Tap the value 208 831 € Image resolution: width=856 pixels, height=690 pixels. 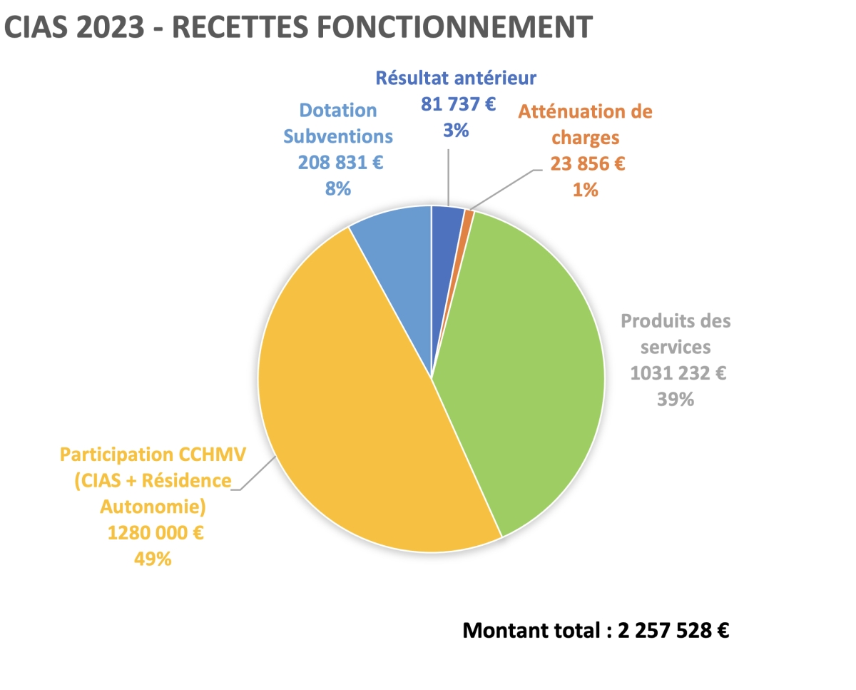point(340,162)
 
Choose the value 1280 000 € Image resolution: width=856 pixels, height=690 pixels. point(155,532)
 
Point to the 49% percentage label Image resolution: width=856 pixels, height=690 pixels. point(153,559)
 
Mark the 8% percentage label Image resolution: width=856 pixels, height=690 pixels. point(338,188)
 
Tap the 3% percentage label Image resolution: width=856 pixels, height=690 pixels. point(455,131)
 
